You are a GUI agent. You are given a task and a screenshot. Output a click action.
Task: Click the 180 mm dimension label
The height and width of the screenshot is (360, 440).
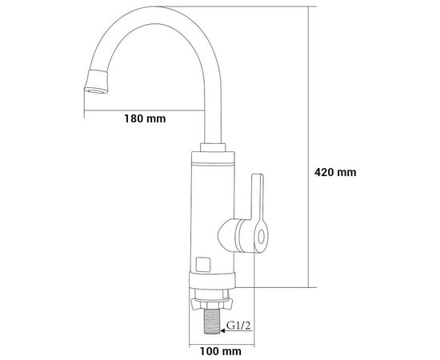[x=145, y=118]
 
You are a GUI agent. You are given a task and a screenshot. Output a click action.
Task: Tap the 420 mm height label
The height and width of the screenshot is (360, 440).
[x=335, y=172]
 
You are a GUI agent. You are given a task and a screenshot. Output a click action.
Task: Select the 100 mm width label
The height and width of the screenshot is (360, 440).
[x=220, y=351]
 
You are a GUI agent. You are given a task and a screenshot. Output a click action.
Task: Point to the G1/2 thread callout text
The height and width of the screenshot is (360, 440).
[x=238, y=326]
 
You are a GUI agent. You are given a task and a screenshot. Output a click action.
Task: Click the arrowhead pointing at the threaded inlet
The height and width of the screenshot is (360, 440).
[x=222, y=331]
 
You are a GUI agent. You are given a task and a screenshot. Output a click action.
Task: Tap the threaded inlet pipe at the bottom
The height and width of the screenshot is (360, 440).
[x=212, y=321]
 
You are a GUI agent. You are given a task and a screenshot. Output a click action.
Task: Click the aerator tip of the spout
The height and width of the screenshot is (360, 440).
[x=96, y=82]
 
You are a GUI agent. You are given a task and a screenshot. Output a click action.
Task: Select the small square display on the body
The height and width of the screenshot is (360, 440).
[x=203, y=265]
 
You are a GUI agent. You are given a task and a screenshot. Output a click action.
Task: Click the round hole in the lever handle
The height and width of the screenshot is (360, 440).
[x=262, y=237]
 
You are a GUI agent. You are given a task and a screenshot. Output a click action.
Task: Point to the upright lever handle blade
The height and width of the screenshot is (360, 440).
[x=258, y=197]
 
